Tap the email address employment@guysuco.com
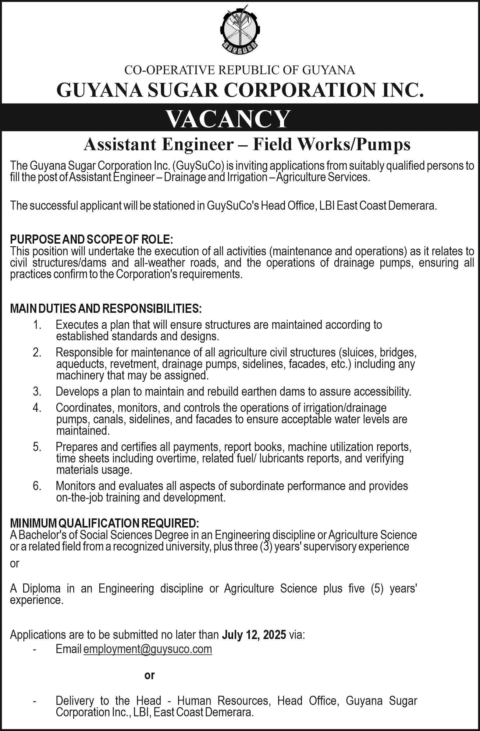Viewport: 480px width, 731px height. tap(148, 649)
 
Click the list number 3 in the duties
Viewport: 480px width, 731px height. tap(37, 392)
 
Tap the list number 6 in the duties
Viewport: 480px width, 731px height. tap(37, 486)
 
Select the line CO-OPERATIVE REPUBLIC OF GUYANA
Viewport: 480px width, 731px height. tap(240, 70)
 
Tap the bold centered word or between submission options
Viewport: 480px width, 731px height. tap(149, 675)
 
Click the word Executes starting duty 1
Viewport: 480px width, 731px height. tap(77, 325)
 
